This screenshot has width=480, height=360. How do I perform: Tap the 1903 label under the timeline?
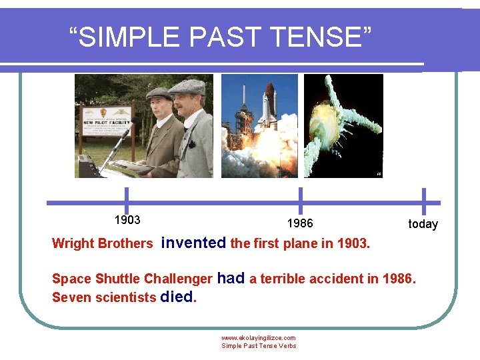127,219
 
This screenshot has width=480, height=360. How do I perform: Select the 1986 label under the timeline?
299,223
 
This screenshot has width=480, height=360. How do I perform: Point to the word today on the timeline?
423,224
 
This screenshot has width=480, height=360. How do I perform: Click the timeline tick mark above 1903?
127,201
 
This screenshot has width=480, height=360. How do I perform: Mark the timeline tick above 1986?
300,201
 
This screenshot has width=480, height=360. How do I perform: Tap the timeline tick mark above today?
423,201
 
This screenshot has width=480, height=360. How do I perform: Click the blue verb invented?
193,243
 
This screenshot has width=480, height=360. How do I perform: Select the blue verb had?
231,278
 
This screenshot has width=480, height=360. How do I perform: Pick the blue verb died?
177,297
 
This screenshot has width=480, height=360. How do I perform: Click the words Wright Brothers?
102,243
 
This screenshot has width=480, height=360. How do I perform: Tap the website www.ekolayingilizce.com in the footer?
258,338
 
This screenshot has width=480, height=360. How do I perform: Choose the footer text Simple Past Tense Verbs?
258,346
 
